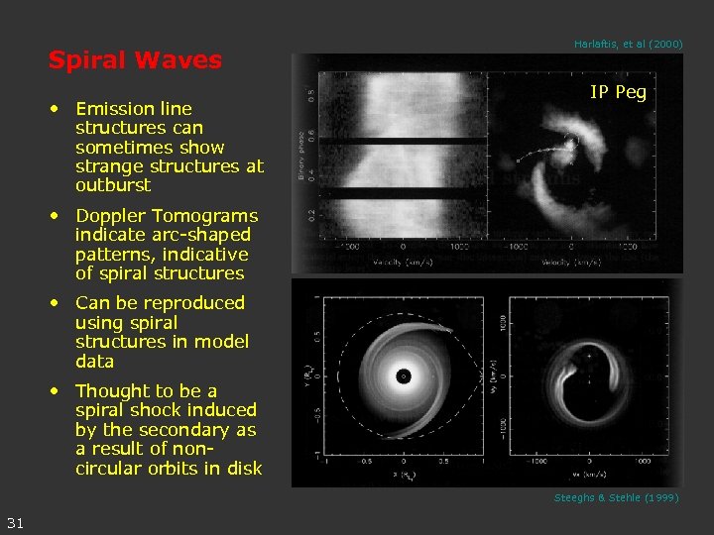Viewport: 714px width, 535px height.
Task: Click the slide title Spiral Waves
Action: coord(135,60)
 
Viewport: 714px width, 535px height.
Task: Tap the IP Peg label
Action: coord(618,92)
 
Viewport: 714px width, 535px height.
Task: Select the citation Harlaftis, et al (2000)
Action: coord(628,44)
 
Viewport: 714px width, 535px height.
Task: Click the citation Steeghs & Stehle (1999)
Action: coord(616,497)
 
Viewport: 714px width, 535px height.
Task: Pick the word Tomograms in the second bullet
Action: coord(210,216)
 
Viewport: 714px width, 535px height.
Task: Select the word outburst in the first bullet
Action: coord(113,185)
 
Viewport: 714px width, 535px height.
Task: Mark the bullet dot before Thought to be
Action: coord(59,391)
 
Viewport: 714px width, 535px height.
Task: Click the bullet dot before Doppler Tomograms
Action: coord(59,216)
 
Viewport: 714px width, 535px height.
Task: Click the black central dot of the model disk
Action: coord(404,376)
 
